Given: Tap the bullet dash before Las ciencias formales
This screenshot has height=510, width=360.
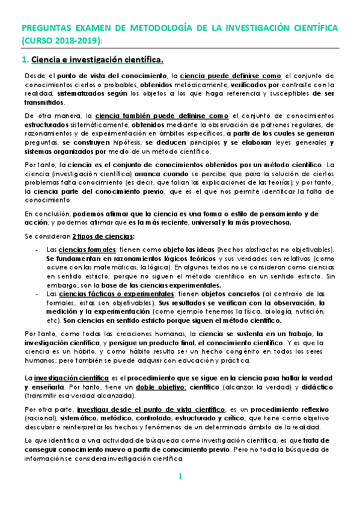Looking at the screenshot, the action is coord(38,250).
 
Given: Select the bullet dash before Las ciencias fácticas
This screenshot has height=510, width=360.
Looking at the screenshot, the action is coord(38,293).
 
